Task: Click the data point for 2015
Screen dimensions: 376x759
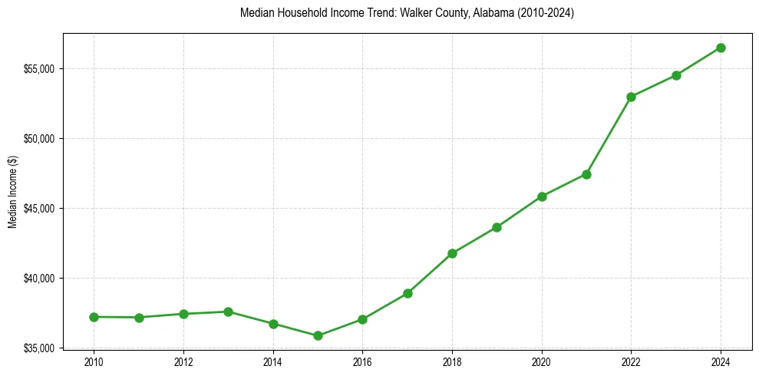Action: (318, 335)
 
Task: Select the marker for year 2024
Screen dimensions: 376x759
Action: (721, 48)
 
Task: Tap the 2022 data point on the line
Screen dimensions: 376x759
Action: (631, 97)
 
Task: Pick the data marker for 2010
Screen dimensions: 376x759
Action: (94, 317)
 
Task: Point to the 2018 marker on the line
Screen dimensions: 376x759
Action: (452, 253)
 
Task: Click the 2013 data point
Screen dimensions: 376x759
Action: (228, 312)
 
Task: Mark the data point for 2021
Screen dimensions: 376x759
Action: (586, 174)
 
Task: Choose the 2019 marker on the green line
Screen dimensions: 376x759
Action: (497, 227)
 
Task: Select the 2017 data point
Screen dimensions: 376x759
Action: (408, 293)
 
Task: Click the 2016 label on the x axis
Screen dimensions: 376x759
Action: (362, 361)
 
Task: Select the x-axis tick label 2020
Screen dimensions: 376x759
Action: (542, 361)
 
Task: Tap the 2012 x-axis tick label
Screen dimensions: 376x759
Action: (183, 361)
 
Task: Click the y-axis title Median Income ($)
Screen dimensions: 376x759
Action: (12, 192)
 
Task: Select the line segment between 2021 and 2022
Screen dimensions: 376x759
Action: (609, 136)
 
